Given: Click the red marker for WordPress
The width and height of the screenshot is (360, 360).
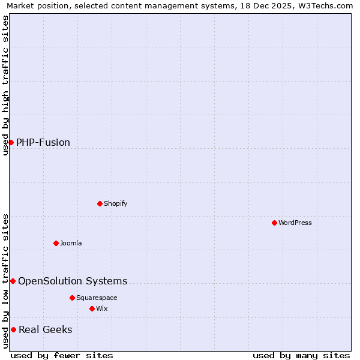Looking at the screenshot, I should [x=274, y=223].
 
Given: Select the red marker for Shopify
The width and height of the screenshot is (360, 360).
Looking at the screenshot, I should [x=100, y=203].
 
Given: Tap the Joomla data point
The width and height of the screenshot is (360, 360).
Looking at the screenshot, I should [x=56, y=243].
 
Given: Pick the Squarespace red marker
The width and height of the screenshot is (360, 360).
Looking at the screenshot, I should [x=72, y=298].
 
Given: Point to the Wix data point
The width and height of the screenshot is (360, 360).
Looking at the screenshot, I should [x=92, y=308].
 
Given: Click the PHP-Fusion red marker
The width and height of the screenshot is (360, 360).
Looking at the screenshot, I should [x=11, y=142].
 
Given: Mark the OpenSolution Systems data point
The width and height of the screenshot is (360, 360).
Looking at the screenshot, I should [x=13, y=281].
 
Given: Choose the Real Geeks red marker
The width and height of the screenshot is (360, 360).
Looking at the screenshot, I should [x=13, y=329].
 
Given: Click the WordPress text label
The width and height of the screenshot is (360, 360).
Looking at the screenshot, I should [x=295, y=223].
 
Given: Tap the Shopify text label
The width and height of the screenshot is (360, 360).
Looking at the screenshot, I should [x=116, y=203].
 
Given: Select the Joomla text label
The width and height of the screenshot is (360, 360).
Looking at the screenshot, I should [x=71, y=243].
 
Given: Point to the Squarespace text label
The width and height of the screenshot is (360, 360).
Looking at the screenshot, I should [x=97, y=298].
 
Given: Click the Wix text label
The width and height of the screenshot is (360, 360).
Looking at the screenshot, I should [x=102, y=308].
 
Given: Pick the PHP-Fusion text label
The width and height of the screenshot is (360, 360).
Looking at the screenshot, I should [x=43, y=142].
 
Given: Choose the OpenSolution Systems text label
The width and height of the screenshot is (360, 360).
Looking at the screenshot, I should [x=73, y=281].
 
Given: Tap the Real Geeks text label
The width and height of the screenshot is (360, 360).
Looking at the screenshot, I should [x=46, y=329].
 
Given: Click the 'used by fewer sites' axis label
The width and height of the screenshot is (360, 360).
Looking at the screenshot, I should [x=62, y=355].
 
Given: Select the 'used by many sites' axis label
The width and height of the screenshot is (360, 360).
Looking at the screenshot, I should [x=301, y=355].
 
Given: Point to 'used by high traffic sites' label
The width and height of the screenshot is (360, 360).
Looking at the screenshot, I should [x=5, y=85].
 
